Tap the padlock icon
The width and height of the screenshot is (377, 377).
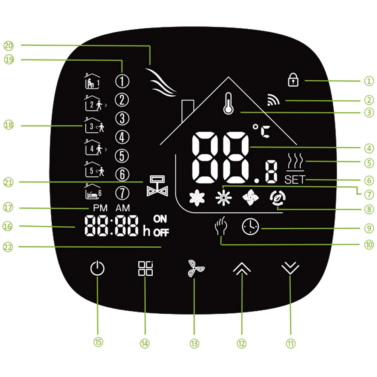click(293, 80)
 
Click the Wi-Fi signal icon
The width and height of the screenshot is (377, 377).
click(273, 100)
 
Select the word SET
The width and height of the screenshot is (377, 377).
click(295, 179)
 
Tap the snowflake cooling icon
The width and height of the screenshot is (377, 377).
click(197, 198)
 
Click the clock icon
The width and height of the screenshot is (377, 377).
click(250, 227)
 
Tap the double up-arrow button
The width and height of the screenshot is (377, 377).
click(242, 268)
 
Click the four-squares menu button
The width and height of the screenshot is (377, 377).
click(146, 268)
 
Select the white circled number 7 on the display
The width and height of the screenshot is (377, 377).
click(122, 193)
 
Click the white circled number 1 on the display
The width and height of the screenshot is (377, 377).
click(122, 81)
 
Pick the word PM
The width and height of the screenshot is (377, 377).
click(100, 208)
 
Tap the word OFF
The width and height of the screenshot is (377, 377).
click(161, 233)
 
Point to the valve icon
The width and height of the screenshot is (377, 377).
click(157, 186)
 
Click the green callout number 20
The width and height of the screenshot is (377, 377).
click(8, 46)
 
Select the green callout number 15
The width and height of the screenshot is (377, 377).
click(98, 342)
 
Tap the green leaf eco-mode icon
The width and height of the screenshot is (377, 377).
click(278, 198)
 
